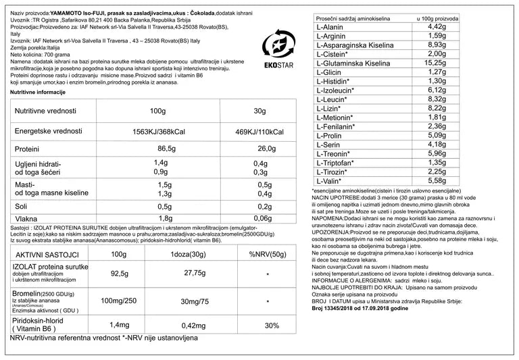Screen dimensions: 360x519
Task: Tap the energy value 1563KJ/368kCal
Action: [161, 131]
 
